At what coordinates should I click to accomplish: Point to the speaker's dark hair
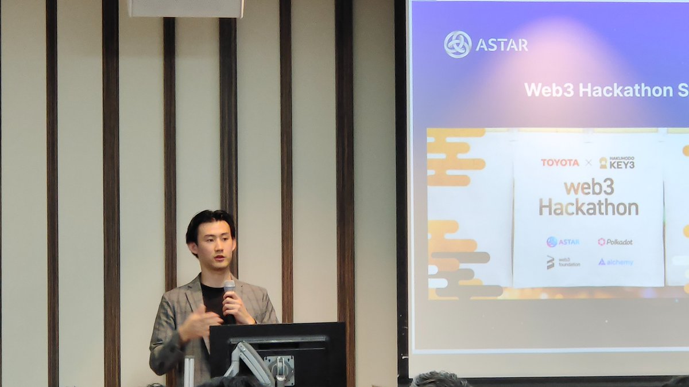coord(209,221)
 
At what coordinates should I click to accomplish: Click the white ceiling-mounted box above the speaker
coord(185,8)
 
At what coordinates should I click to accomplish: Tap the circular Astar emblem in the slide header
coord(458,45)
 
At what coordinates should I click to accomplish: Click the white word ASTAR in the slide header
coord(502,45)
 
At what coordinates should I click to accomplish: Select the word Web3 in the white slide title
coord(549,90)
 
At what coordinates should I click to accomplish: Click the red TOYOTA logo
coord(560,163)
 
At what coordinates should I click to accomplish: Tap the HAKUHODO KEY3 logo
coord(617,163)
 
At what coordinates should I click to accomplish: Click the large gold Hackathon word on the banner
coord(589,207)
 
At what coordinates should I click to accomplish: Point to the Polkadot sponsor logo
coord(615,242)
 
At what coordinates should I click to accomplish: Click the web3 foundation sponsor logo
coord(563,262)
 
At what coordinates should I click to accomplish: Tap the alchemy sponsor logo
coord(616,262)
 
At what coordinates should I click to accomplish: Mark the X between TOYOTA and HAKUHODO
coord(589,163)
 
